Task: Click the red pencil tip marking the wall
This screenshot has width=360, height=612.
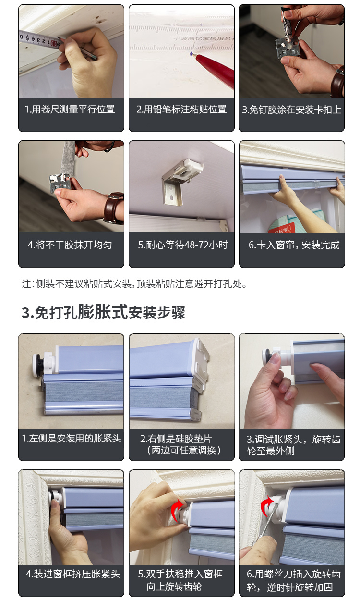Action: click(194, 55)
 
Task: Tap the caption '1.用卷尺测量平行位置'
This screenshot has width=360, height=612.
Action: click(70, 110)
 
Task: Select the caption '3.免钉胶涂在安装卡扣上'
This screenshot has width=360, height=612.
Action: click(292, 110)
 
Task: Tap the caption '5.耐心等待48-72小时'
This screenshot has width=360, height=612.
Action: click(182, 245)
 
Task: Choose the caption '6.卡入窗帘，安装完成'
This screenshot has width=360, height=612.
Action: click(294, 245)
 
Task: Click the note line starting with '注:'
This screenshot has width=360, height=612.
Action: click(134, 284)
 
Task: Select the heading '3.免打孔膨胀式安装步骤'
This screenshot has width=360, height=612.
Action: click(104, 312)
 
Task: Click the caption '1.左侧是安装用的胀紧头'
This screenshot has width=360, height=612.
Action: click(72, 439)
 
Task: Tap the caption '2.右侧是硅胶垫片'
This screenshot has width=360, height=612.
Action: click(176, 439)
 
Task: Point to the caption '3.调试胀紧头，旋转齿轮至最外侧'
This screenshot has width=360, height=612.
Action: click(294, 445)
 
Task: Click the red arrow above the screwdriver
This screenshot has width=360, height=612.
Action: click(267, 505)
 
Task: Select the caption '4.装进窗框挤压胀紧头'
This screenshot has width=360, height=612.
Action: click(73, 574)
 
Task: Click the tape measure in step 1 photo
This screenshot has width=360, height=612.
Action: click(39, 40)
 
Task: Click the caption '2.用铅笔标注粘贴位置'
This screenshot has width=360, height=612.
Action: click(181, 110)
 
